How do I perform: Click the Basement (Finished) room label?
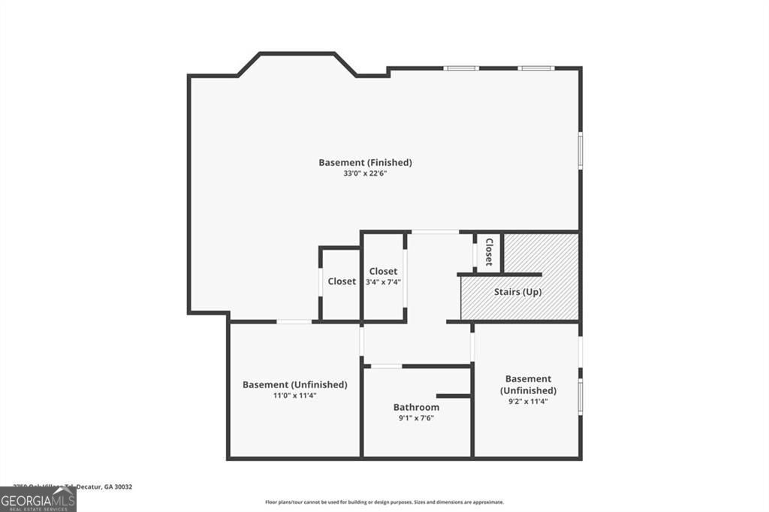pyautogui.click(x=365, y=162)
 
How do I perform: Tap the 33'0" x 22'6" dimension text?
pyautogui.click(x=365, y=173)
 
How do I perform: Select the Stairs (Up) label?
pyautogui.click(x=517, y=292)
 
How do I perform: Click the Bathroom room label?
pyautogui.click(x=416, y=408)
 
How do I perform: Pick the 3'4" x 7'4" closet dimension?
pyautogui.click(x=383, y=282)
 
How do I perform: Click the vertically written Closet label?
pyautogui.click(x=489, y=252)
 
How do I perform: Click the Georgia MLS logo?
pyautogui.click(x=38, y=499)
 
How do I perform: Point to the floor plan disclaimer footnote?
pyautogui.click(x=384, y=502)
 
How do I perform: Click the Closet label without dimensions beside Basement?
pyautogui.click(x=342, y=282)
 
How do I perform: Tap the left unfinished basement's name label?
pyautogui.click(x=294, y=384)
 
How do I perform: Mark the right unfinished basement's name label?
pyautogui.click(x=528, y=384)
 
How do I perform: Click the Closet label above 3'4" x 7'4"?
pyautogui.click(x=383, y=271)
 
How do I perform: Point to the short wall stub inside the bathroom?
pyautogui.click(x=453, y=396)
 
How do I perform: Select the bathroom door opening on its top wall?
pyautogui.click(x=386, y=366)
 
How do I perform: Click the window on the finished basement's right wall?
pyautogui.click(x=580, y=149)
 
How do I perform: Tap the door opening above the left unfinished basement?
pyautogui.click(x=294, y=322)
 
